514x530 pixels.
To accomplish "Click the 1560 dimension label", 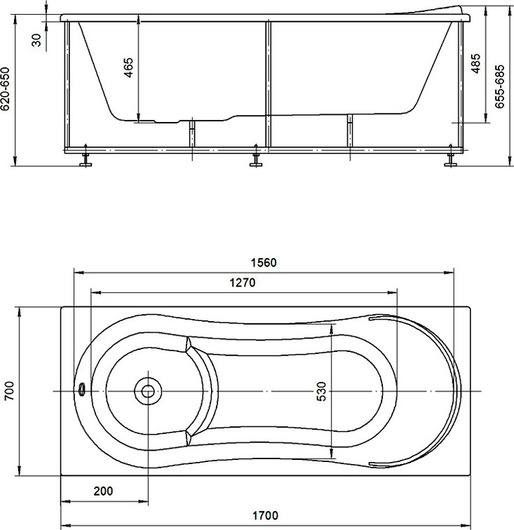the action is (x=264, y=263).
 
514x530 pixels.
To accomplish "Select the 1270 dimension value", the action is (x=243, y=283).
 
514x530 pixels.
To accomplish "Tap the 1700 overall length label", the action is (x=266, y=515).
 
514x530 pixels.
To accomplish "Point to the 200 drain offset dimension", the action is (x=103, y=491).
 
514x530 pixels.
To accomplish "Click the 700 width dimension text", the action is (x=9, y=391).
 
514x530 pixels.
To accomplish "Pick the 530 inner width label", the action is (x=322, y=391).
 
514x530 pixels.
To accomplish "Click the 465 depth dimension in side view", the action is (x=129, y=67).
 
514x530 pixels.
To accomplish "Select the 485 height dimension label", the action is (x=475, y=64).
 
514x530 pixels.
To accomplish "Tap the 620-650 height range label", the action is (x=6, y=89).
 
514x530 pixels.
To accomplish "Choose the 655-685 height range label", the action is (x=499, y=86).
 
